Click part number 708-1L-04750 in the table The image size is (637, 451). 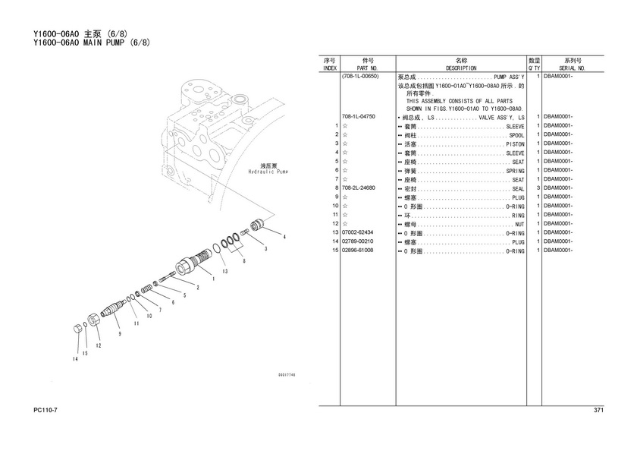[358, 117]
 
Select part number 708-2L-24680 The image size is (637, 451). [358, 188]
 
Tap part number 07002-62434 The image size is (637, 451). [357, 232]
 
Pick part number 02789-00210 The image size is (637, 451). [357, 241]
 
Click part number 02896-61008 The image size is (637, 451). [357, 251]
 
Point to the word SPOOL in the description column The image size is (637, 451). [516, 135]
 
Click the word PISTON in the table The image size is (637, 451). [515, 144]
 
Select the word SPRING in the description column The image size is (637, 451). [515, 171]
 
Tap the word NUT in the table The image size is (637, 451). [519, 225]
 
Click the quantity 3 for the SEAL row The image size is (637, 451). [538, 188]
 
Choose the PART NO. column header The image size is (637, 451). [367, 68]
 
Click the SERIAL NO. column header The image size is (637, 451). [572, 68]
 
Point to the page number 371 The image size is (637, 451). [598, 410]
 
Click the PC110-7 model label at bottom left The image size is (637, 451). [45, 410]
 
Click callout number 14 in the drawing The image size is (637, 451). [75, 359]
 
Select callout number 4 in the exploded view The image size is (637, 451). [284, 237]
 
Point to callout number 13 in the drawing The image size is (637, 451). [224, 271]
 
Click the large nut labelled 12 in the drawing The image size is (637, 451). [94, 320]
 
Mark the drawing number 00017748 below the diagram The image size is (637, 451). [287, 374]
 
